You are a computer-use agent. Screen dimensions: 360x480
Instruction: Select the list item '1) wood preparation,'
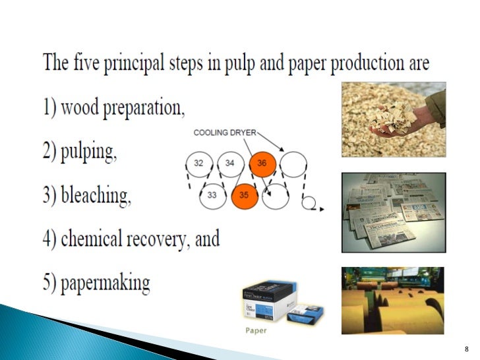(x=114, y=107)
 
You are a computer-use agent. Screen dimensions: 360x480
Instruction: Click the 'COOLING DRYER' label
(x=224, y=133)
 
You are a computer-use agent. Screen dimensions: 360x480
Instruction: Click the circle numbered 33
(x=212, y=195)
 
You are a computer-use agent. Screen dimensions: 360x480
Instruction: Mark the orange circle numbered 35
(x=245, y=195)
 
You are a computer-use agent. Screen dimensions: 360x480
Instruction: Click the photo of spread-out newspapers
(x=393, y=212)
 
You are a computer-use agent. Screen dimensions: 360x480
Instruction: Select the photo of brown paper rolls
(x=393, y=300)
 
